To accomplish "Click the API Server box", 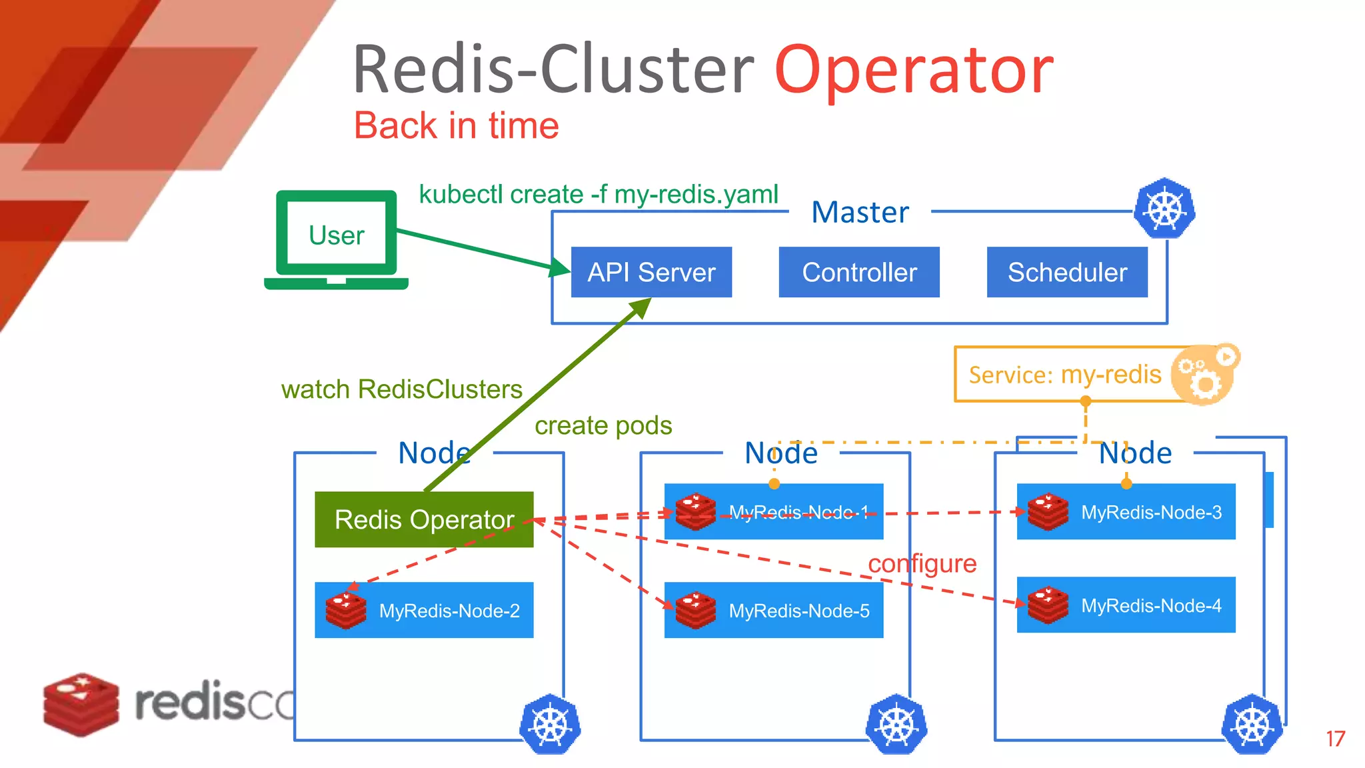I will point(651,272).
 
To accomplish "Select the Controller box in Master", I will point(858,272).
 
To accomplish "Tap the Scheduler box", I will point(1066,272).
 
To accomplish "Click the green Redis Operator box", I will point(424,520).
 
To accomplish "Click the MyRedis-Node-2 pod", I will point(424,610).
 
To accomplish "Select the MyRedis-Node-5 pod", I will point(773,610).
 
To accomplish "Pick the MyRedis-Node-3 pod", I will point(1126,512).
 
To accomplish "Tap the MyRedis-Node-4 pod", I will point(1126,605).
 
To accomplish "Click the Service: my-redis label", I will point(1064,375).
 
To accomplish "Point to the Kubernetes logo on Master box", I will point(1164,209).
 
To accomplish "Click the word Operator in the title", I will point(914,70).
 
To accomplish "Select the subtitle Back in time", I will point(456,125).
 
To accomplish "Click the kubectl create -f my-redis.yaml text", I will point(598,194).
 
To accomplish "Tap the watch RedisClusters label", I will point(401,389).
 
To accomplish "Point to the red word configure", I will point(922,564).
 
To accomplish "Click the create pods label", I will point(603,425).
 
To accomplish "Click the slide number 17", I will point(1335,739).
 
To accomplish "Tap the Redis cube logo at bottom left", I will point(81,704).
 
